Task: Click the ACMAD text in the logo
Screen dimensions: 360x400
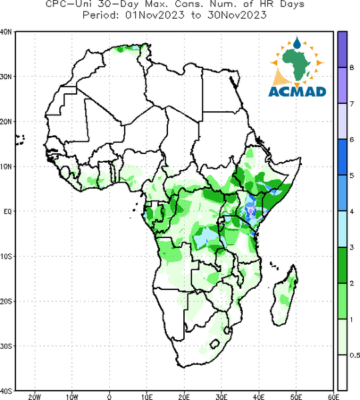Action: (x=297, y=92)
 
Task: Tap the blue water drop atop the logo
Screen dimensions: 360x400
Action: (x=297, y=43)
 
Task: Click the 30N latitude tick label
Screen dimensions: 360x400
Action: (x=6, y=77)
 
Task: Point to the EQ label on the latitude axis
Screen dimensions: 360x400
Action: (x=7, y=211)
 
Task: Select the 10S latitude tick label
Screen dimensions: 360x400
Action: (x=6, y=257)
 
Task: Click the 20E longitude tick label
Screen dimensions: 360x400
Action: (x=184, y=397)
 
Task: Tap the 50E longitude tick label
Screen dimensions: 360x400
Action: (x=296, y=397)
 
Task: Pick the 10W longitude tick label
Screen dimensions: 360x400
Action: (x=72, y=397)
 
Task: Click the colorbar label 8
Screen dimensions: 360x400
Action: (x=351, y=68)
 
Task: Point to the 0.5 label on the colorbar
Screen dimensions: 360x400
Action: (x=355, y=355)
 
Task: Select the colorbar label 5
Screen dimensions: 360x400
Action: (x=351, y=175)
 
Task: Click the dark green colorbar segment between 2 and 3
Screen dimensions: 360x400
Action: (x=342, y=265)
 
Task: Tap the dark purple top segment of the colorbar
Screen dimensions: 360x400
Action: (x=342, y=49)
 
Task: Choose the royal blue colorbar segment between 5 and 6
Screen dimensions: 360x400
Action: (x=342, y=157)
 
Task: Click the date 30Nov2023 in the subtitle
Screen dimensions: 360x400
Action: (x=237, y=15)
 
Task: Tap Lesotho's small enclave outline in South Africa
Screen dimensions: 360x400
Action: (x=215, y=344)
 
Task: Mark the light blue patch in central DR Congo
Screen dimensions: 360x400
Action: (x=205, y=237)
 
